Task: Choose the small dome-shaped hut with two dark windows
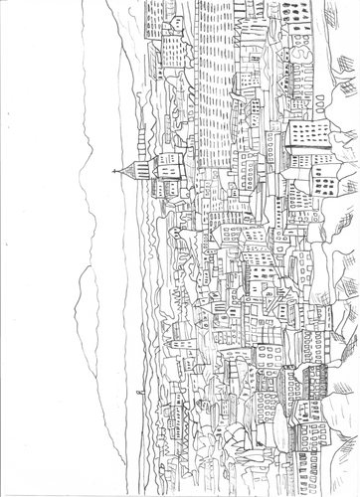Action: [175, 235]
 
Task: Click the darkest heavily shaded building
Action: [314, 378]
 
